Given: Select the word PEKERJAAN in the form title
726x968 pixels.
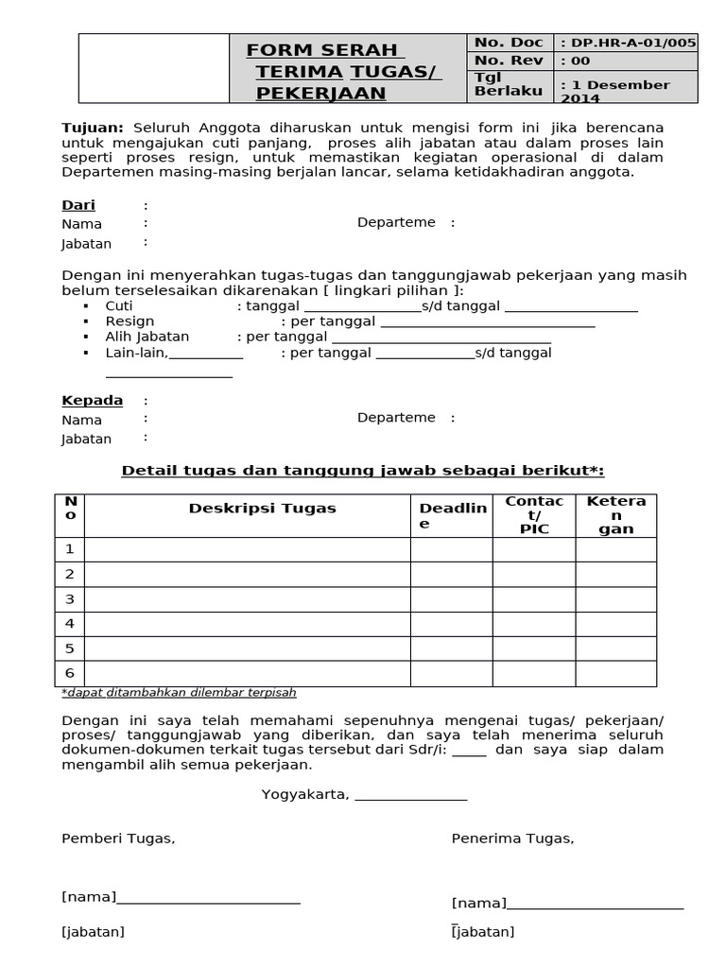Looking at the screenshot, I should click(x=321, y=93).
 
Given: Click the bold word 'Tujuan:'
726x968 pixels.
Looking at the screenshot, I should click(x=93, y=128).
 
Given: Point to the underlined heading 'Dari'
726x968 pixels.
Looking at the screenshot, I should click(x=78, y=205).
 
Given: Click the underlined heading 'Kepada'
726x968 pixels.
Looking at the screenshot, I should click(x=92, y=400).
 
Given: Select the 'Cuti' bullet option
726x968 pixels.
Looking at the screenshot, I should click(x=119, y=306).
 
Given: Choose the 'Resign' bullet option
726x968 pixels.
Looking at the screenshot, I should click(x=130, y=321).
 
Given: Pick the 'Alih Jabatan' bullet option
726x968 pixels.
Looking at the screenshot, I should click(x=147, y=337).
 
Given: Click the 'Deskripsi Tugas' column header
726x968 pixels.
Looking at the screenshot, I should click(x=262, y=509).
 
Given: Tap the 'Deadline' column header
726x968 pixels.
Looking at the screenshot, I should click(x=452, y=515).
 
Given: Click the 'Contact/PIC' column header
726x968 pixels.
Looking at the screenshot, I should click(x=534, y=515).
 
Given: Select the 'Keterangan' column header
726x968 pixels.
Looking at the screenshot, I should click(x=615, y=515).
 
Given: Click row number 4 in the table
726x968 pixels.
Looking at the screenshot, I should click(x=69, y=624).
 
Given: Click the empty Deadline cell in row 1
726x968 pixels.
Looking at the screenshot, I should click(x=451, y=549).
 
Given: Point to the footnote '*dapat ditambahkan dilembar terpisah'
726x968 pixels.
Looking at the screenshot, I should click(x=179, y=692).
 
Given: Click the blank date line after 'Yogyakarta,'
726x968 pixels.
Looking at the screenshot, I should click(x=410, y=795).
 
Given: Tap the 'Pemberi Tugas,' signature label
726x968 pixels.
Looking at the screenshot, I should click(x=118, y=838).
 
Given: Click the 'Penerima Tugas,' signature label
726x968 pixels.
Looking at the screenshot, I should click(x=512, y=838).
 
